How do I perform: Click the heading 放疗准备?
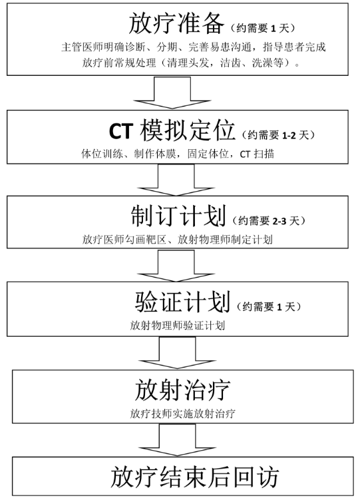click(176, 24)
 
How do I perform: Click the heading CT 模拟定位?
click(172, 130)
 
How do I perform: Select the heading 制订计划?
click(178, 216)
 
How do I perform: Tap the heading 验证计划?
click(182, 302)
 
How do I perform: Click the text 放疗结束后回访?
click(194, 477)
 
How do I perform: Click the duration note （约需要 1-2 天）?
click(278, 135)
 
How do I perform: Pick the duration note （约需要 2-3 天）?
click(269, 220)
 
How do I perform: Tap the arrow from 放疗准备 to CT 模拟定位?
click(172, 93)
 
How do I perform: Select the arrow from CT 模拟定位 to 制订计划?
click(176, 180)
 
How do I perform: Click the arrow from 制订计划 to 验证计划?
click(176, 266)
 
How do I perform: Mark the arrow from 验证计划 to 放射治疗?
click(177, 353)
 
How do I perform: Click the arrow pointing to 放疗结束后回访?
click(177, 440)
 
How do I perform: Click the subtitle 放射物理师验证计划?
click(177, 326)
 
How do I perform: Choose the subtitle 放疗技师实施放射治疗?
click(182, 413)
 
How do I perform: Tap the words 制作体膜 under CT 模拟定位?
click(155, 154)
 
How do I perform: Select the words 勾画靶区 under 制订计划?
click(146, 239)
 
